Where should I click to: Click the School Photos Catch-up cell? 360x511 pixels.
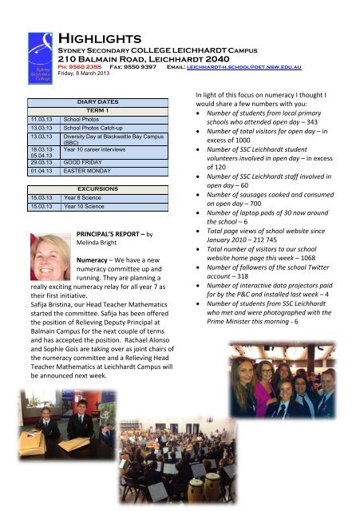[x=95, y=127]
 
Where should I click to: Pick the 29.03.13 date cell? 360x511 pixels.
[x=38, y=161]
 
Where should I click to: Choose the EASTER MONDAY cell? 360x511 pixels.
[x=88, y=170]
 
